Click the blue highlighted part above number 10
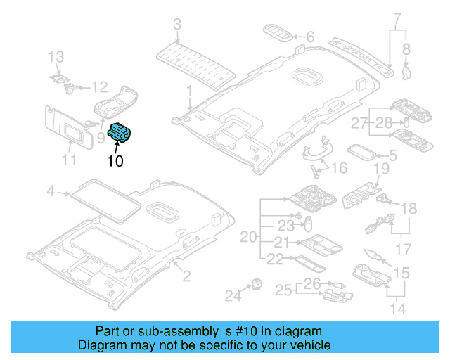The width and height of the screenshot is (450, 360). (122, 131)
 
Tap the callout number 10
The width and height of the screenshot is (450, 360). (115, 161)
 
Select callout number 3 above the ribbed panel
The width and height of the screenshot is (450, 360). (176, 25)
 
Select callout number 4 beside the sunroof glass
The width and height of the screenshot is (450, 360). (50, 191)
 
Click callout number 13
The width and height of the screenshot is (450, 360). (56, 56)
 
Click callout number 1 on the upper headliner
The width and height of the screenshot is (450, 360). (188, 91)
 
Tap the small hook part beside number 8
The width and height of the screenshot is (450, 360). (406, 69)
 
